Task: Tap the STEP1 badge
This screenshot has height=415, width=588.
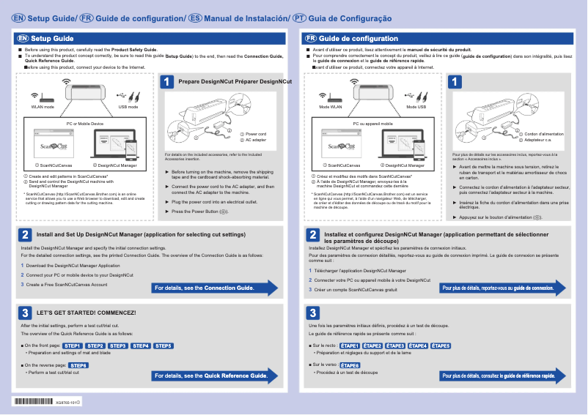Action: (x=73, y=345)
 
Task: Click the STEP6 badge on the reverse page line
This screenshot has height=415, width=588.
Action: (x=79, y=364)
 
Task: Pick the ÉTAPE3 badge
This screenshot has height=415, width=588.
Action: (x=395, y=345)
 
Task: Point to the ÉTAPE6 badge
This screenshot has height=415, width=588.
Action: (x=350, y=364)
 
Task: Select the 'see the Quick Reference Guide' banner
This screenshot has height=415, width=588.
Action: (x=213, y=376)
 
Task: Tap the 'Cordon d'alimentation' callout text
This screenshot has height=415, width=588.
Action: (x=544, y=134)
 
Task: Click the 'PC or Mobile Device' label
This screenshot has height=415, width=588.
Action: (x=84, y=124)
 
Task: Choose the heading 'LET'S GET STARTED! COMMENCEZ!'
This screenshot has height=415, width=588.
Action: (x=87, y=313)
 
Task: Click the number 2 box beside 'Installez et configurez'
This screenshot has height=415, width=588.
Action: (x=312, y=235)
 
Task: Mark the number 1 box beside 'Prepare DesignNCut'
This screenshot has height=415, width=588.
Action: (x=168, y=82)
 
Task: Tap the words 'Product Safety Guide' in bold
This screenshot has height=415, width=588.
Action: (x=133, y=49)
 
